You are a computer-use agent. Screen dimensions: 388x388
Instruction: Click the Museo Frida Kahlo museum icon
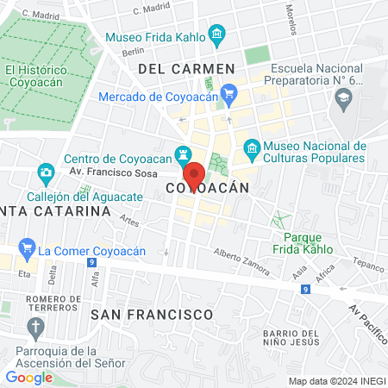216,36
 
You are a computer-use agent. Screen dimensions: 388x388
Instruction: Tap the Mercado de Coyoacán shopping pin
228,92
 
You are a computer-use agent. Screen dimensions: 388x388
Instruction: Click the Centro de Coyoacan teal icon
183,155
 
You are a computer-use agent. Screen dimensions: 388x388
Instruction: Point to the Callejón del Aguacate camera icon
46,174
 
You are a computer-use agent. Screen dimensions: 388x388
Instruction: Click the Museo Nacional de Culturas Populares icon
251,148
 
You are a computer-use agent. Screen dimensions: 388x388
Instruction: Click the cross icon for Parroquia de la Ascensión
34,327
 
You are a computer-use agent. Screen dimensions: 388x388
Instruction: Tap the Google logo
28,377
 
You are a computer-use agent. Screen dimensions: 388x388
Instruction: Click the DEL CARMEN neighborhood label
186,68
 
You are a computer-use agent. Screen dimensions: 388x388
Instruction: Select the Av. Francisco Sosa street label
120,174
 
